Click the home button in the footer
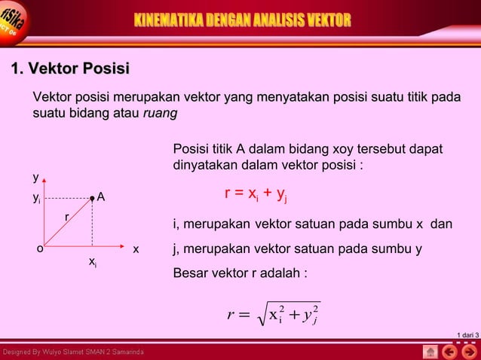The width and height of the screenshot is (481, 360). (x=430, y=352)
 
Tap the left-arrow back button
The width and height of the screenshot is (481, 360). (x=449, y=352)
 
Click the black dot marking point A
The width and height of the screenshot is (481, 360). (x=92, y=198)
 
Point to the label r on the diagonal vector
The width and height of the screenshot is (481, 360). (x=66, y=217)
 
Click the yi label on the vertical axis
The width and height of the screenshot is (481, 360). (x=36, y=198)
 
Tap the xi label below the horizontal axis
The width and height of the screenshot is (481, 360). (x=92, y=261)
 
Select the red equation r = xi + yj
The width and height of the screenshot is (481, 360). (x=256, y=195)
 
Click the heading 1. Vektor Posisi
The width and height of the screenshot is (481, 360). (x=69, y=70)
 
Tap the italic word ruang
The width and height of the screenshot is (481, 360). (x=160, y=113)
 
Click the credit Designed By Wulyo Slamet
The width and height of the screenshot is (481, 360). (x=73, y=352)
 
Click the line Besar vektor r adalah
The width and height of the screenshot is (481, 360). (x=240, y=273)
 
